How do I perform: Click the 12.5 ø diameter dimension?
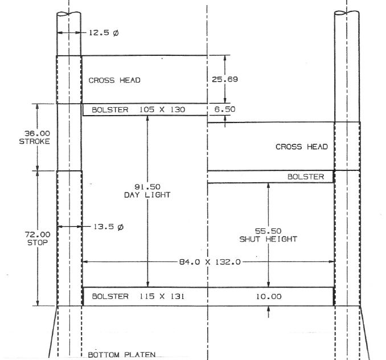[104, 33]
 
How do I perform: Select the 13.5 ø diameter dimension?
[108, 227]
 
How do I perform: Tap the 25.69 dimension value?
[224, 80]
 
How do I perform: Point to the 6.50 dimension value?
[225, 109]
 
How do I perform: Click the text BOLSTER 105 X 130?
[138, 109]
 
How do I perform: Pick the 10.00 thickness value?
[268, 297]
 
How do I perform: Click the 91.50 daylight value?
[147, 186]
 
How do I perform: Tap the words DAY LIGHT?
[147, 195]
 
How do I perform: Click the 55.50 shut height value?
[268, 231]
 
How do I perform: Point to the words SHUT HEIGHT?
[268, 239]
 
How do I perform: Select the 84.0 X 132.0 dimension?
[211, 262]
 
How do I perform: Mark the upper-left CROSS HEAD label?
[114, 80]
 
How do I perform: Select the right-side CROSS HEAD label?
[302, 147]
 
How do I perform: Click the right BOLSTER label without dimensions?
[306, 177]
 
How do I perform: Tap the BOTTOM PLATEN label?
[122, 355]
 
